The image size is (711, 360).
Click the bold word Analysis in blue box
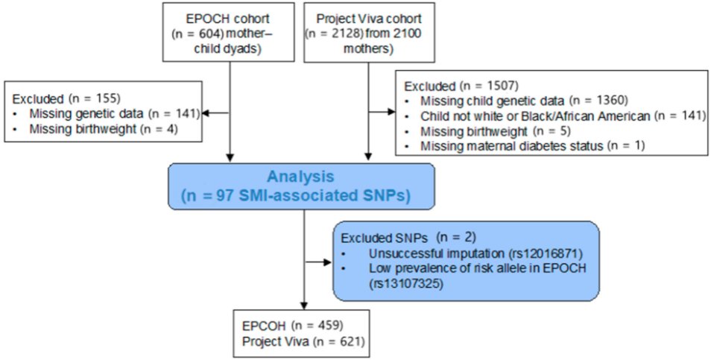302,178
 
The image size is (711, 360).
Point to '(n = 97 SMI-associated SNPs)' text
302,197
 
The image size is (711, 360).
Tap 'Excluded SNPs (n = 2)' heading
399,238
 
